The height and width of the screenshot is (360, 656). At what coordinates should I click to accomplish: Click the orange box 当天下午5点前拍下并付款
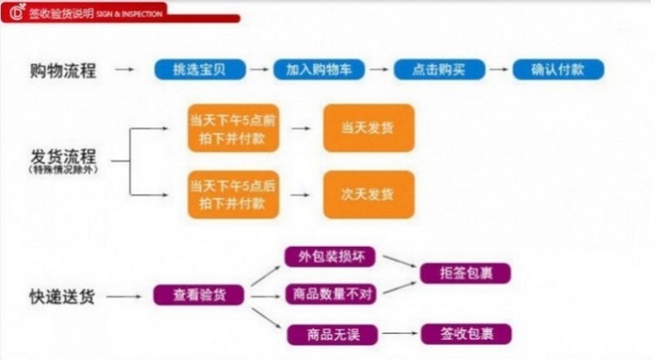[x=232, y=129]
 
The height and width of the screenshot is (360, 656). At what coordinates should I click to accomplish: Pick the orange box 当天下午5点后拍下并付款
[x=232, y=194]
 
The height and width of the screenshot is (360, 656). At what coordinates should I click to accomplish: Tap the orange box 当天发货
[x=368, y=129]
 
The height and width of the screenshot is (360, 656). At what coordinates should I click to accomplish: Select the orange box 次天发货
[x=368, y=194]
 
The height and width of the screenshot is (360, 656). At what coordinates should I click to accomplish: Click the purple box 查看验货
[x=198, y=295]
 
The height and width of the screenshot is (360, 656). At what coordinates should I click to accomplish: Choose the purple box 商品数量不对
[x=330, y=294]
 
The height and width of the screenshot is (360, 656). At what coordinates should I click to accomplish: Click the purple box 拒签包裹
[x=465, y=273]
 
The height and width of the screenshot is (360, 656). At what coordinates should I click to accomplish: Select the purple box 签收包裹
[x=465, y=334]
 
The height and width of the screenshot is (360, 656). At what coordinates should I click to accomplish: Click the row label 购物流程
[x=63, y=71]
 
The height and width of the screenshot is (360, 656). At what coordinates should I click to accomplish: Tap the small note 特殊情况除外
[x=63, y=169]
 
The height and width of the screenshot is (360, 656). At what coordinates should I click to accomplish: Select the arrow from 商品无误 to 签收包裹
[x=398, y=334]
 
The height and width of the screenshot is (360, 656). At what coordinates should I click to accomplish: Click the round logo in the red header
[x=15, y=12]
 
